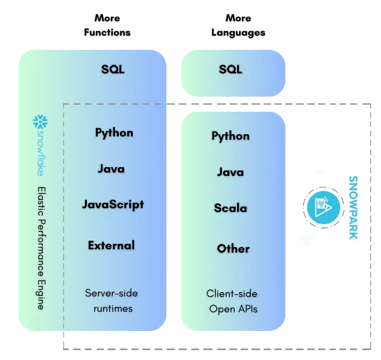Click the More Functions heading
[107, 25]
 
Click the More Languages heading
[238, 25]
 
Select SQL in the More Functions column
[113, 70]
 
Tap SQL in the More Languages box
[230, 70]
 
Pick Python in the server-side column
[114, 133]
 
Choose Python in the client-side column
[230, 136]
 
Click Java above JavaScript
[111, 169]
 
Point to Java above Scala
[230, 172]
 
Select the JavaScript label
[113, 205]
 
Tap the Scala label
[230, 208]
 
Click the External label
[111, 245]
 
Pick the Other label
[233, 249]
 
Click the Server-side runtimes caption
[112, 301]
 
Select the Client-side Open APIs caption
[232, 301]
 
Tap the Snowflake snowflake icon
[41, 122]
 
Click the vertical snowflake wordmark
[41, 153]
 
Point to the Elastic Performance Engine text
[42, 248]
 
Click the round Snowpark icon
[324, 208]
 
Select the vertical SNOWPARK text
[353, 208]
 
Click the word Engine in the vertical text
[41, 295]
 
